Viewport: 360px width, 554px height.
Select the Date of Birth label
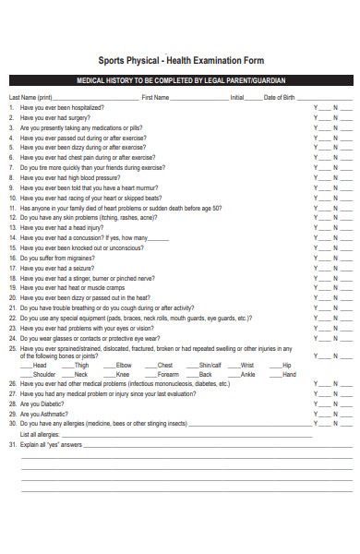pos(280,97)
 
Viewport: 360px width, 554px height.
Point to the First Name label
pos(155,97)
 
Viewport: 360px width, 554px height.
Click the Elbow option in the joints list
pos(124,366)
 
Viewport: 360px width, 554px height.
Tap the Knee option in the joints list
pos(123,375)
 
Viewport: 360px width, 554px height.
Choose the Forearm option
pos(167,375)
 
